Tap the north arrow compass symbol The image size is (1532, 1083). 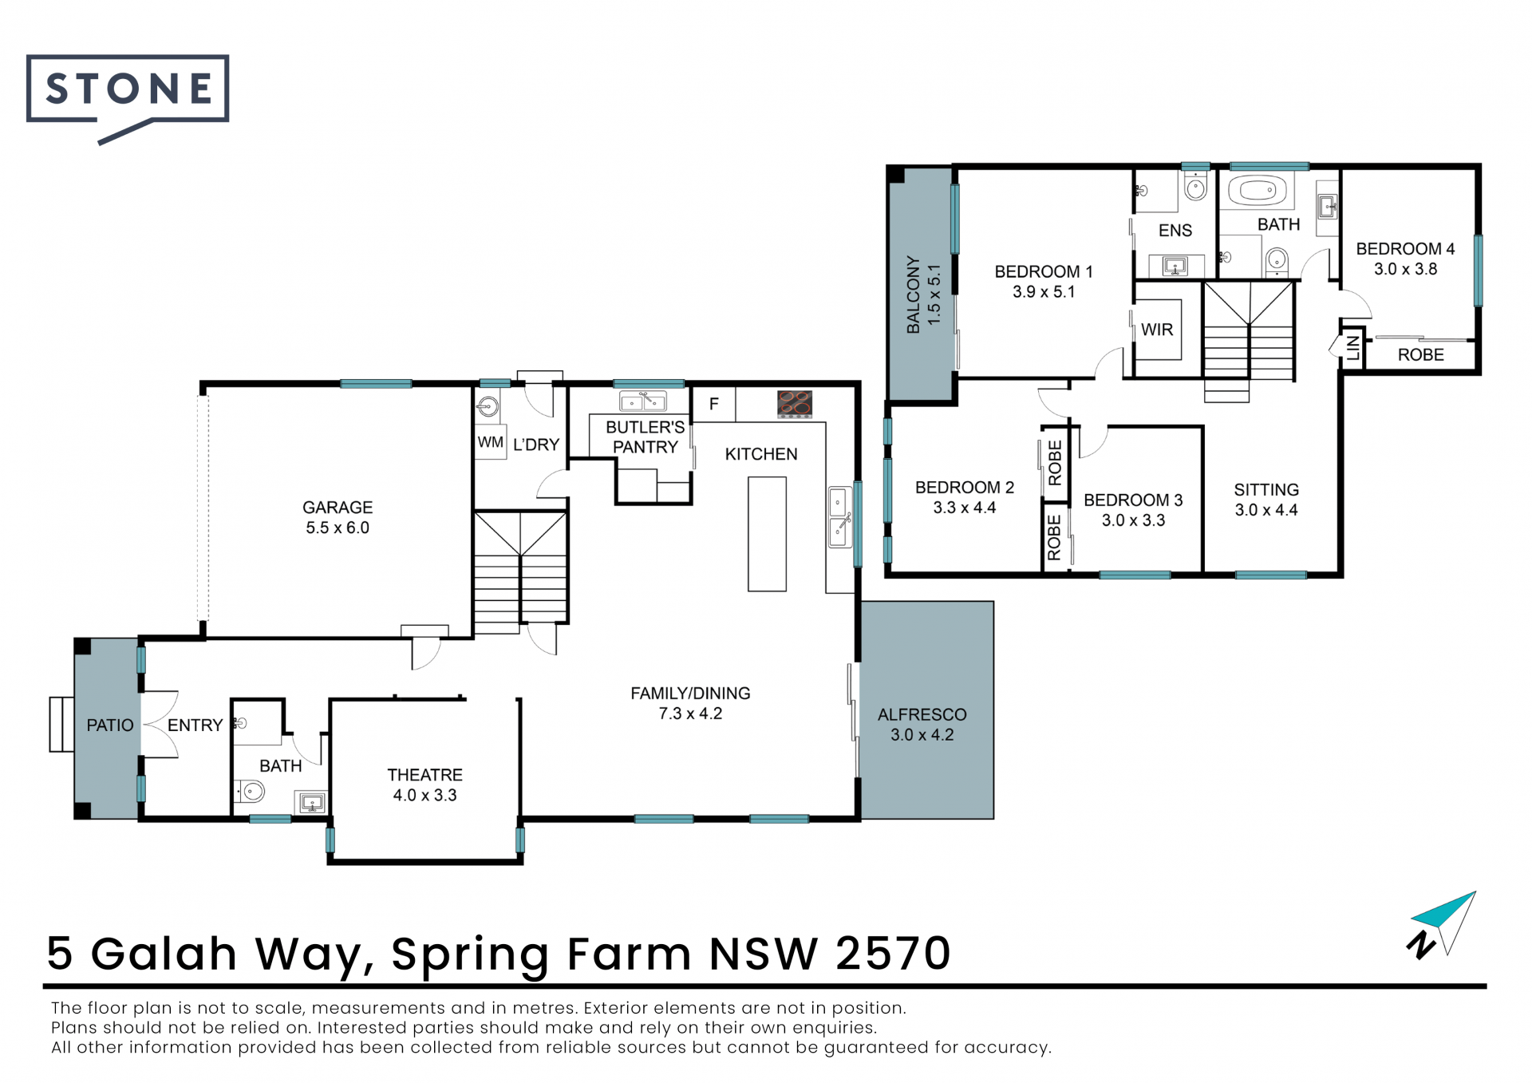click(1443, 926)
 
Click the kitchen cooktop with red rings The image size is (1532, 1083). click(795, 404)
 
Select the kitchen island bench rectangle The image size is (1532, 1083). click(767, 534)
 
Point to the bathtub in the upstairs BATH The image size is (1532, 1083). click(1258, 192)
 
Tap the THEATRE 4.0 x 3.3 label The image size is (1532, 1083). click(424, 785)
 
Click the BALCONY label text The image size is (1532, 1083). click(913, 294)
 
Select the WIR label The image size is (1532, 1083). click(1157, 330)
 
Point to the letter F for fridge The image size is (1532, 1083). click(713, 404)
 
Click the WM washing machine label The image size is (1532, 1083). click(491, 442)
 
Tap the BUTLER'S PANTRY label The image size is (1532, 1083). click(646, 437)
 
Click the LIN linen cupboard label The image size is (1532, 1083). click(1353, 347)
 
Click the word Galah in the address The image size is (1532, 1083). click(164, 953)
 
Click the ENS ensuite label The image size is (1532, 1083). click(1175, 231)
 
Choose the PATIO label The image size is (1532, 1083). click(110, 725)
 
